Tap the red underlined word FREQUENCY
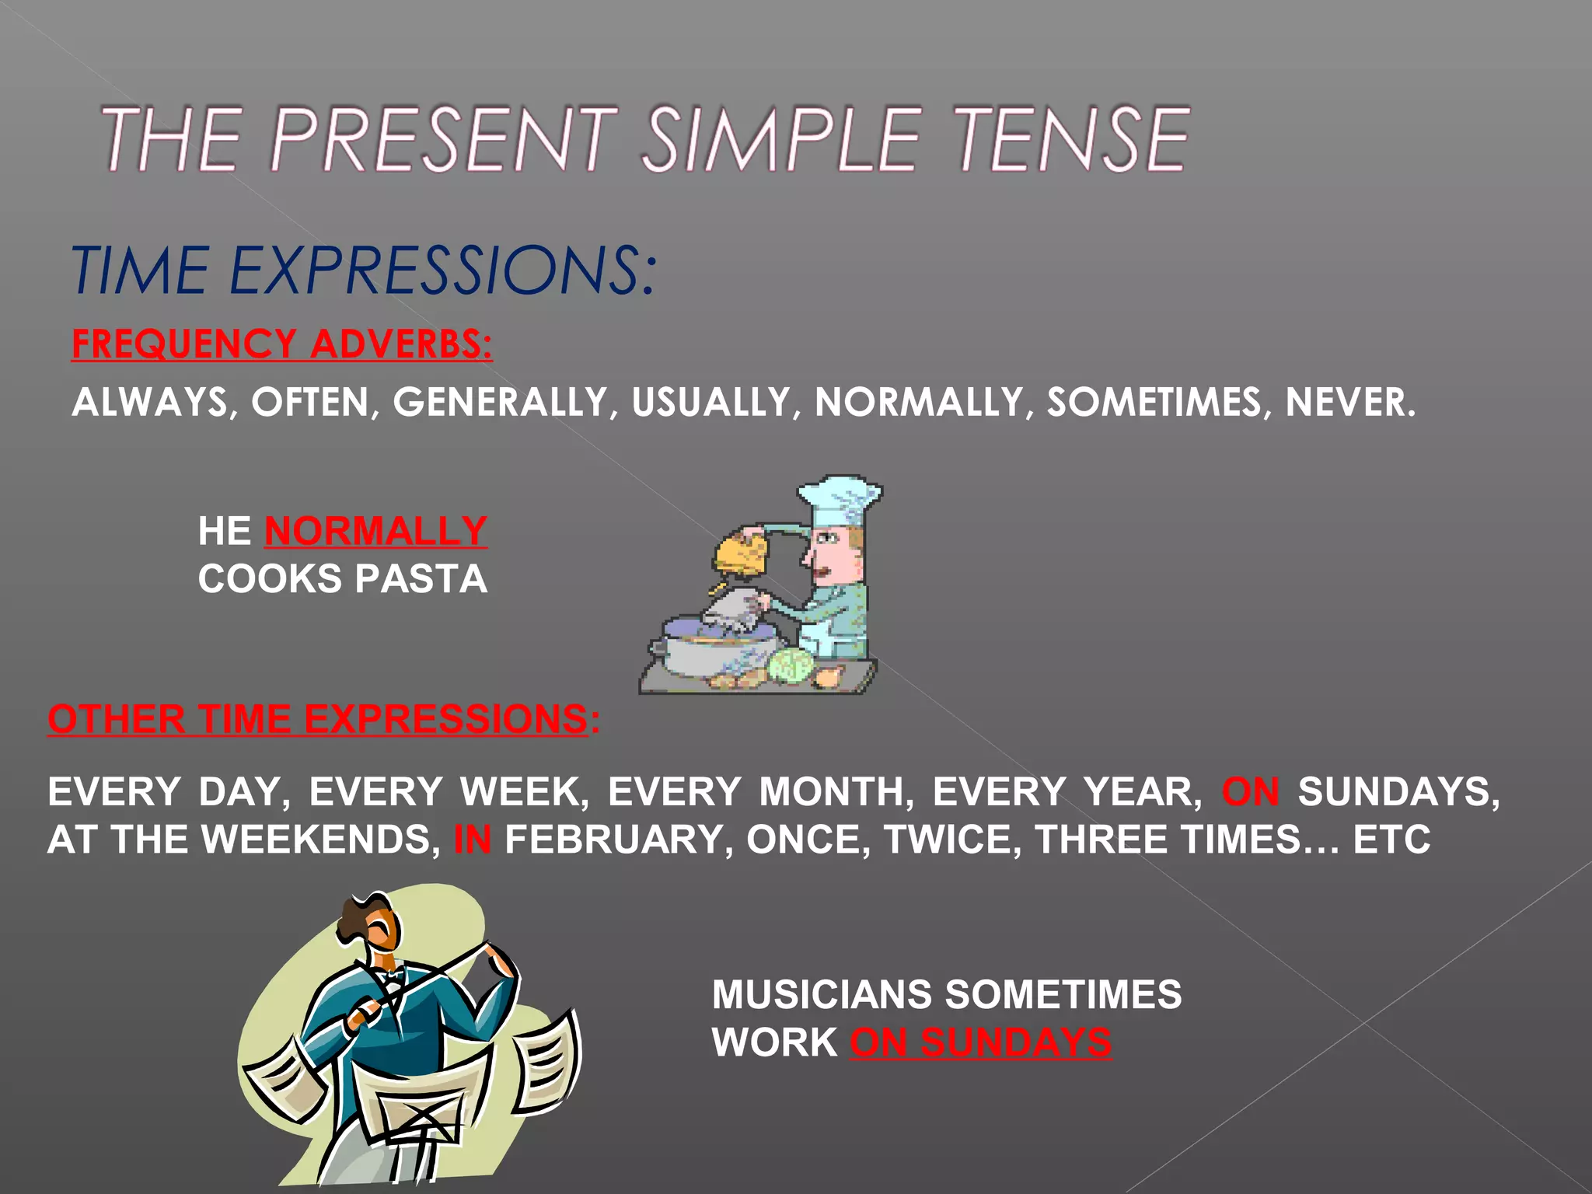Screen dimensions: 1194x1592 click(x=183, y=344)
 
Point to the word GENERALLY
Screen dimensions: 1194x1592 click(x=499, y=402)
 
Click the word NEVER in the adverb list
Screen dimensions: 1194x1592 click(x=1349, y=402)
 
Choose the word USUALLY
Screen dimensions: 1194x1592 click(x=710, y=402)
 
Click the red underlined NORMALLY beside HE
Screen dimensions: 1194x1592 click(x=375, y=531)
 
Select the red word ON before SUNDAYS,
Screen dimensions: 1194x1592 click(x=1250, y=792)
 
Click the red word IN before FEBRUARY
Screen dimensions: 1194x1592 click(x=472, y=840)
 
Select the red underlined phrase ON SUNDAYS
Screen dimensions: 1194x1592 click(x=980, y=1042)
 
